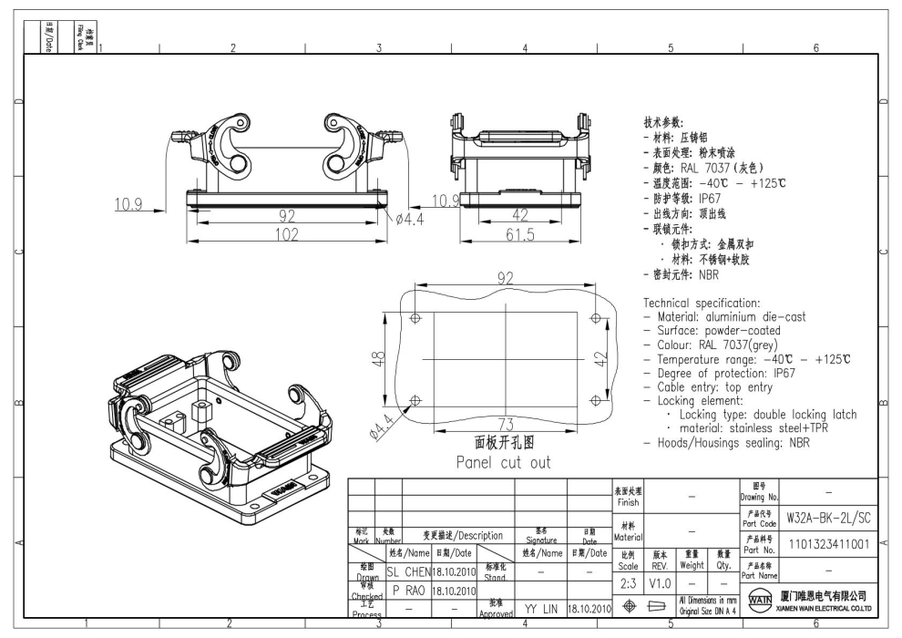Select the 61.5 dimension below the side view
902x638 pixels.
coord(520,235)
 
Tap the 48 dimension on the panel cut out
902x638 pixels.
coord(390,361)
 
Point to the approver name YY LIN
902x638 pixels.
coord(540,608)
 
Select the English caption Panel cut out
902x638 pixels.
coord(504,461)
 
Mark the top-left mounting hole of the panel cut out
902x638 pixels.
coord(416,319)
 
